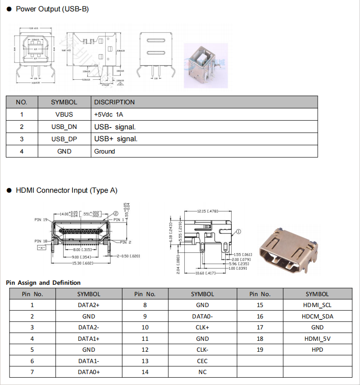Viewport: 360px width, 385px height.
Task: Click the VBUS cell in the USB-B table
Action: [x=64, y=114]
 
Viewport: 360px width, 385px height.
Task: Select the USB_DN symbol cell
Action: [x=64, y=127]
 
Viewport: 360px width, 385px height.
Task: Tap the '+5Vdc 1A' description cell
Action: [x=109, y=114]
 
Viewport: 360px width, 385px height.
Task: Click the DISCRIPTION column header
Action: [x=114, y=102]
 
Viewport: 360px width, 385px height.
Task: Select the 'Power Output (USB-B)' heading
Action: [x=52, y=9]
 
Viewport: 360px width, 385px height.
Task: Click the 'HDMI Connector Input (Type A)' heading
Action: [x=66, y=190]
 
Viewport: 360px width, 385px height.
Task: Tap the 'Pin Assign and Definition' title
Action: [x=43, y=282]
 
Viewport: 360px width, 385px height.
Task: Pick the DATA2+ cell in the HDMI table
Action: [x=89, y=305]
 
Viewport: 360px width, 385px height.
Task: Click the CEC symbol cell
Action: [x=203, y=361]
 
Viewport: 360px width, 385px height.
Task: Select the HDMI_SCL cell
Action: [x=317, y=305]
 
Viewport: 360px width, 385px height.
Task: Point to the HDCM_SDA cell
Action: [x=317, y=316]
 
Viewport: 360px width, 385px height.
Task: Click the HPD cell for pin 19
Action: [x=317, y=349]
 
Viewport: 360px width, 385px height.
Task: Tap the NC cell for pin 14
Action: [x=203, y=372]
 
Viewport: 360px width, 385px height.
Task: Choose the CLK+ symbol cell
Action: [x=203, y=327]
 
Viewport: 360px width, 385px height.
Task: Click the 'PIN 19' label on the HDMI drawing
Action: [x=41, y=220]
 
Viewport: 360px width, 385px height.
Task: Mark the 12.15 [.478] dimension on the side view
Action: [x=208, y=211]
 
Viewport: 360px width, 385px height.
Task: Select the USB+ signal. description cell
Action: [x=116, y=139]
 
